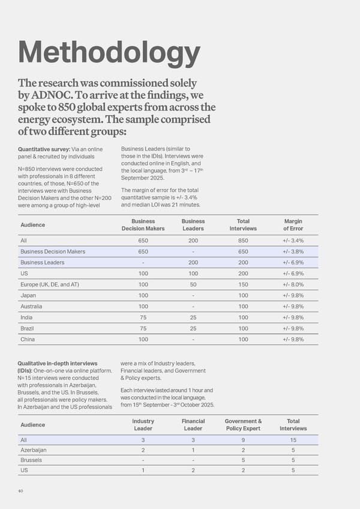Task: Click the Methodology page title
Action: point(109,53)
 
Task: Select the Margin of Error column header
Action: point(293,224)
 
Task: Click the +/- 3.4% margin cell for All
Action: point(293,240)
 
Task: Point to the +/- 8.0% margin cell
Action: point(293,285)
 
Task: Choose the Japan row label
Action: point(28,295)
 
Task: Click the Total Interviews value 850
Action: point(243,240)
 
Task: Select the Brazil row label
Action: point(28,328)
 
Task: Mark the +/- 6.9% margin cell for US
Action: point(293,274)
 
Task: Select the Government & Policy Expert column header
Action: point(242,425)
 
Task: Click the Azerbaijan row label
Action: point(34,450)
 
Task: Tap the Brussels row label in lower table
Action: point(32,460)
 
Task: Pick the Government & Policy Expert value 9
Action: point(243,439)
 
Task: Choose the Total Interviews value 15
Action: point(293,439)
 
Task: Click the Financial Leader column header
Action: point(193,425)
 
